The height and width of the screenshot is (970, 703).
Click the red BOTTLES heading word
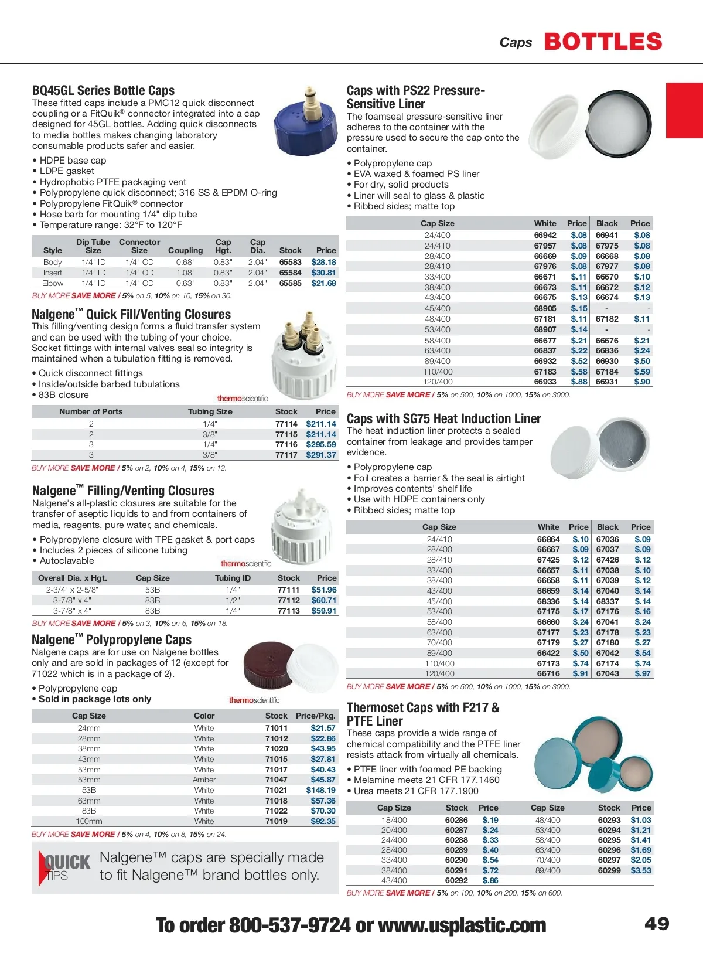(603, 42)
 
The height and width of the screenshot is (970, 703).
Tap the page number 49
(657, 924)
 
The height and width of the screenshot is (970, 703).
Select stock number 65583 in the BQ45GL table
(290, 262)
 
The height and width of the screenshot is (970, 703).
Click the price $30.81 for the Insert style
(323, 273)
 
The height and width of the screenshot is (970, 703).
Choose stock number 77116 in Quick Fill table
(286, 444)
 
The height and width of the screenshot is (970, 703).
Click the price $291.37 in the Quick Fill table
(321, 455)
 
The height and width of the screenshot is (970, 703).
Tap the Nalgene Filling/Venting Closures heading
(123, 491)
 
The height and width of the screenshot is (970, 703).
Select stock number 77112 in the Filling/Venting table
(288, 600)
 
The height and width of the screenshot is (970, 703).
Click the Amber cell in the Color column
(204, 780)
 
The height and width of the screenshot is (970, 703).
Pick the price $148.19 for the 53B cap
(320, 790)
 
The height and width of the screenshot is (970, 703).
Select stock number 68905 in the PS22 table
(545, 308)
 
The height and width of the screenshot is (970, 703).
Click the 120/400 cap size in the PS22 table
(438, 382)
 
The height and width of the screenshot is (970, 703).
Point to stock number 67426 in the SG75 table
(608, 560)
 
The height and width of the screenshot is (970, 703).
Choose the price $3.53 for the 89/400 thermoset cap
(641, 870)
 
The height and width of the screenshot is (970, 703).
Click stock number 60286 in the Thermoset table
(456, 820)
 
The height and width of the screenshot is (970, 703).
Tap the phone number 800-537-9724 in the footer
(289, 925)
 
